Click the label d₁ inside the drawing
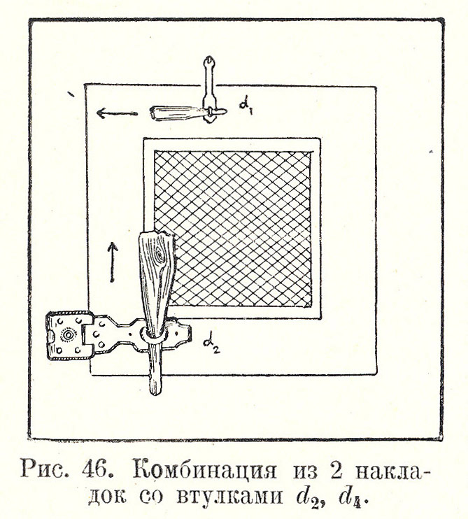click(246, 106)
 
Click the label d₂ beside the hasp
click(211, 346)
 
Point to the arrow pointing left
click(117, 113)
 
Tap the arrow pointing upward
click(113, 262)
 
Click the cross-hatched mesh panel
click(233, 229)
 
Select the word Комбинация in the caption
click(205, 470)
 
